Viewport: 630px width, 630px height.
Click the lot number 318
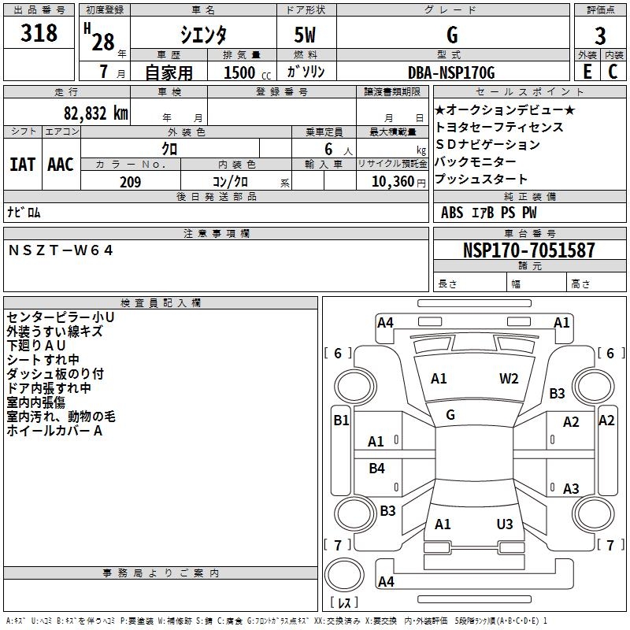(x=40, y=33)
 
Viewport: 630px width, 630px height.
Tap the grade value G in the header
(x=452, y=35)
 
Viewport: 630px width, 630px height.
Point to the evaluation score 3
(x=600, y=35)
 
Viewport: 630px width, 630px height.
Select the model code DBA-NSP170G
(x=451, y=73)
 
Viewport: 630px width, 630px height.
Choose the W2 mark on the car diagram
(x=509, y=378)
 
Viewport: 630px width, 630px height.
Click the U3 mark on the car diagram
(x=505, y=524)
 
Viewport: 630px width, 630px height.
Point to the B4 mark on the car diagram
(x=377, y=469)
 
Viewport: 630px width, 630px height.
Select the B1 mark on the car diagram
(x=340, y=421)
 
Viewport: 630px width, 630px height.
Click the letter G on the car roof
(x=450, y=414)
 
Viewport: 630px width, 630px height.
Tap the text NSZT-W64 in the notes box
(x=61, y=250)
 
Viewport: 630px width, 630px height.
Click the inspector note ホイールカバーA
(x=54, y=431)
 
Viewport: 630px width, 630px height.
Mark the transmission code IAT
(x=22, y=165)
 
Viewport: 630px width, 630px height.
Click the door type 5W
(x=306, y=35)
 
